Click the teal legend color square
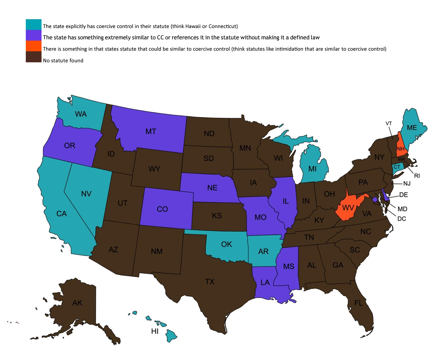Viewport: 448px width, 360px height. pyautogui.click(x=33, y=25)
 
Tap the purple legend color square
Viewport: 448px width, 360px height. pyautogui.click(x=33, y=35)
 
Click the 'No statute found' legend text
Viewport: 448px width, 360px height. pyautogui.click(x=63, y=60)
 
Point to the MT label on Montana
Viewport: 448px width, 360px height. pyautogui.click(x=151, y=131)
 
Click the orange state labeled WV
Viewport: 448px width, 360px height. pyautogui.click(x=348, y=207)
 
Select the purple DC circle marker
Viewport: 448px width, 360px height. pyautogui.click(x=375, y=200)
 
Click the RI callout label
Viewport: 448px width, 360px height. pyautogui.click(x=417, y=176)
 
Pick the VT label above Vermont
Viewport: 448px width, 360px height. pyautogui.click(x=389, y=123)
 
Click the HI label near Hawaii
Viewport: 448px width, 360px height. pyautogui.click(x=155, y=331)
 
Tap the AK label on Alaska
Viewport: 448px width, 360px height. pyautogui.click(x=77, y=303)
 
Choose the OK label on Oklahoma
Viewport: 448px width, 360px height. pyautogui.click(x=227, y=244)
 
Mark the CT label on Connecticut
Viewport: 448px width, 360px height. pyautogui.click(x=397, y=167)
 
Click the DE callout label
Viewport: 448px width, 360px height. pyautogui.click(x=403, y=195)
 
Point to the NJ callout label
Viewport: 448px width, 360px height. pyautogui.click(x=407, y=183)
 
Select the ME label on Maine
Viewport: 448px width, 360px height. pyautogui.click(x=412, y=128)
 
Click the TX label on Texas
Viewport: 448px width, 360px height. pyautogui.click(x=210, y=281)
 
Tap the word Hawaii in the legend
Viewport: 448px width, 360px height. pyautogui.click(x=193, y=26)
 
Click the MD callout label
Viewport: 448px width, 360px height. pyautogui.click(x=402, y=209)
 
